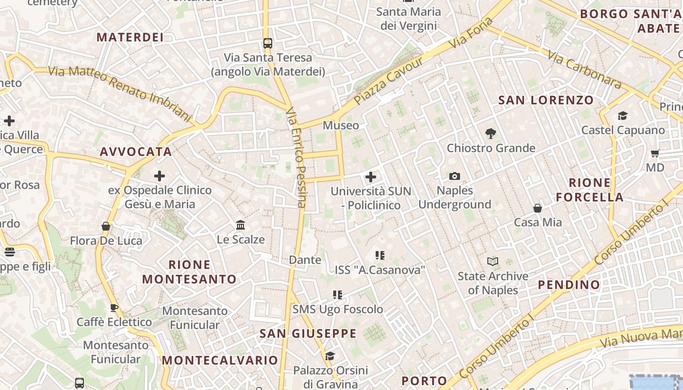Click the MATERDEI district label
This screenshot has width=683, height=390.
[130, 37]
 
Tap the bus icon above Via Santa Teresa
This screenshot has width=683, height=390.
[267, 43]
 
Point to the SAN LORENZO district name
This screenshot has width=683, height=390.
[546, 100]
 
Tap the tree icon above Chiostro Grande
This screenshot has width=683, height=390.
[491, 133]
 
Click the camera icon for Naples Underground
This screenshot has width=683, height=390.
[455, 176]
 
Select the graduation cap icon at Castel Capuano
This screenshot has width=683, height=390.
[623, 116]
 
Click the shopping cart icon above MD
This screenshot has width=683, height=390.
[655, 154]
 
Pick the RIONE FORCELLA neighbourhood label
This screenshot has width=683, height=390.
[590, 190]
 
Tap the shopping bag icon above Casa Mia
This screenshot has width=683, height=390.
[538, 208]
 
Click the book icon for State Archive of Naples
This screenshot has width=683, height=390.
[493, 262]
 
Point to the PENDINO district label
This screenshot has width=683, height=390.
[569, 285]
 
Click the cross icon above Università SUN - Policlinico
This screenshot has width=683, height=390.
[371, 176]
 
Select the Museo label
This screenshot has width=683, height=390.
[341, 125]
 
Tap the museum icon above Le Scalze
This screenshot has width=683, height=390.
[241, 225]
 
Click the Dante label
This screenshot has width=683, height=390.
[305, 260]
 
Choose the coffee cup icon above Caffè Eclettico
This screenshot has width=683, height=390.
[114, 308]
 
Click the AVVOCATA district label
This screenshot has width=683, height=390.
[136, 152]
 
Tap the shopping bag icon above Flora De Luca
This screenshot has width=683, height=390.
[106, 226]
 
